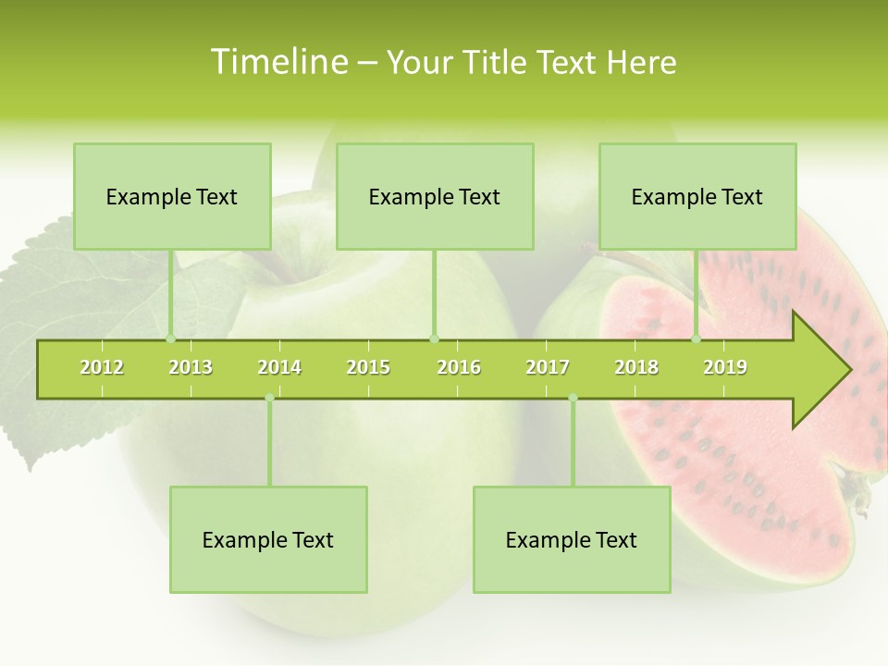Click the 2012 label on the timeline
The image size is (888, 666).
102,367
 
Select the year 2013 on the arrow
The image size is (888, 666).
191,367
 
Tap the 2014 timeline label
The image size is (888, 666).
279,367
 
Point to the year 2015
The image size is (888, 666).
368,367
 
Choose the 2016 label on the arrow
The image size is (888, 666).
459,367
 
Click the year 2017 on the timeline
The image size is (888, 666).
548,367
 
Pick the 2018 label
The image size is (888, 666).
636,367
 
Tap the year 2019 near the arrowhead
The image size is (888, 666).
725,367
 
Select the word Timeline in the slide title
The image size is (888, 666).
277,62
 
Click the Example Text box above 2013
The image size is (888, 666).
172,196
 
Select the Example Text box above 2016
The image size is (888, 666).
435,196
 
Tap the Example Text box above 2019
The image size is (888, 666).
697,196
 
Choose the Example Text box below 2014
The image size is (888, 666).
268,539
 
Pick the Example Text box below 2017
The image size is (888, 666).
572,539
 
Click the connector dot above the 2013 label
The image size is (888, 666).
171,339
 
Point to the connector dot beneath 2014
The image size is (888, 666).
269,398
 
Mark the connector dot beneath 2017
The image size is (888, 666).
573,398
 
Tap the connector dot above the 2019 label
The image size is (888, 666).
697,339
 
